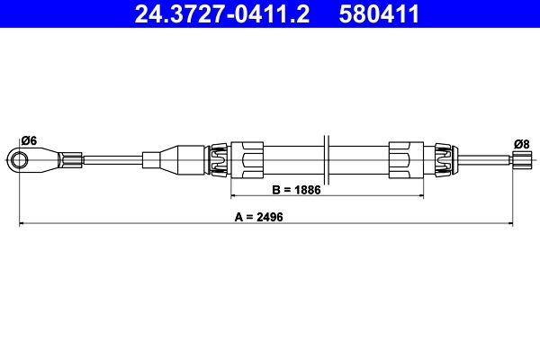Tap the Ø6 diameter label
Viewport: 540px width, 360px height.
click(x=28, y=139)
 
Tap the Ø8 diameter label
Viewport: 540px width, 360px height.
click(x=520, y=142)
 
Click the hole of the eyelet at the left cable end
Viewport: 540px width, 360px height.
click(x=20, y=160)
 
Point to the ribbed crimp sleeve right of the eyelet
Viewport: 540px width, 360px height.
click(x=70, y=160)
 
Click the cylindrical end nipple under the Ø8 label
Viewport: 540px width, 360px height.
click(x=519, y=160)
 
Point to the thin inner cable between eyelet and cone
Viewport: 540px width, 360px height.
click(x=112, y=160)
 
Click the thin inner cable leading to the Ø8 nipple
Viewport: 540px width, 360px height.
click(x=486, y=160)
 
